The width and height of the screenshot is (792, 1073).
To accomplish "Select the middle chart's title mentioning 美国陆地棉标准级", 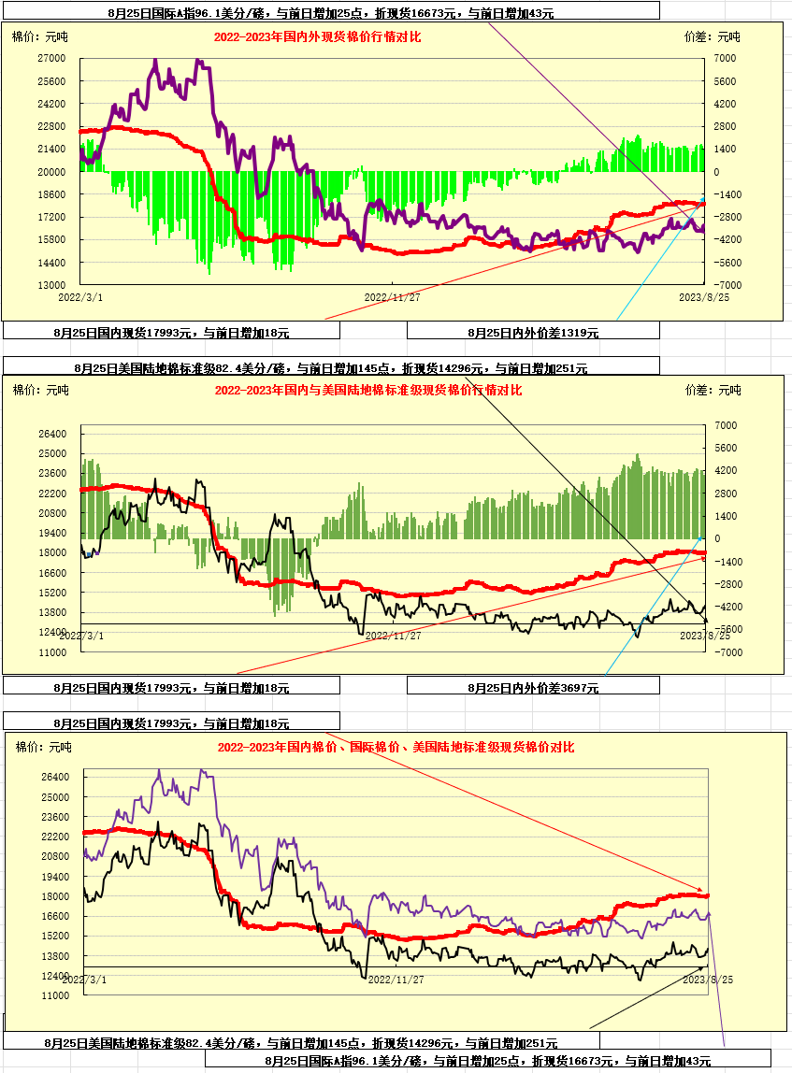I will click(367, 390).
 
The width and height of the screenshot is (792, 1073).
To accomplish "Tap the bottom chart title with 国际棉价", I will click(396, 747).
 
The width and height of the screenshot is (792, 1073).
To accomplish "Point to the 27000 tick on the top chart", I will click(50, 58).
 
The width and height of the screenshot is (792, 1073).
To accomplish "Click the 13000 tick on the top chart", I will click(50, 285).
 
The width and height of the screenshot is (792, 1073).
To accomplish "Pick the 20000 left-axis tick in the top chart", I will click(50, 172).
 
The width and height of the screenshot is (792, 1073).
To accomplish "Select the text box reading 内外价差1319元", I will click(533, 332).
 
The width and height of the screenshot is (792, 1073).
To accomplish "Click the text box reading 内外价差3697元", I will click(533, 687).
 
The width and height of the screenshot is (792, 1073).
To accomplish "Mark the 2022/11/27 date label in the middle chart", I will click(393, 636).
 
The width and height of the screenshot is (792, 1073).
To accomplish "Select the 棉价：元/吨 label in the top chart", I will click(39, 37).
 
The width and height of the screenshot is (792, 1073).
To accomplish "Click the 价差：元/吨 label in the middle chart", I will click(713, 390).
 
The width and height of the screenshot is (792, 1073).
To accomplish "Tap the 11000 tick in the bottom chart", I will click(55, 996).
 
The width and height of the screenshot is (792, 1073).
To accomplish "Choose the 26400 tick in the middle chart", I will click(52, 435).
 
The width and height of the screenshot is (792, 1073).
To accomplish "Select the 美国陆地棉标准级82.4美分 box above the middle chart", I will click(330, 368).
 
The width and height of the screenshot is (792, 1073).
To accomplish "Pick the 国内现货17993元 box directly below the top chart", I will click(171, 332).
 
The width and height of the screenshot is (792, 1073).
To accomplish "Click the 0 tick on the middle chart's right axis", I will click(717, 538).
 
